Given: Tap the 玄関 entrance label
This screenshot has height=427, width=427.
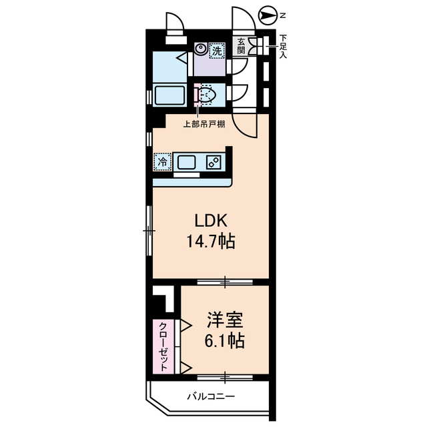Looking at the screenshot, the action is pos(241,46).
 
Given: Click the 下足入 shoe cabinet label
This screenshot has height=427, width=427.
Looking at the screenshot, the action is pos(284,46).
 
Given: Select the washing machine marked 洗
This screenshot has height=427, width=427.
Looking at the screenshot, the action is pos(217,51).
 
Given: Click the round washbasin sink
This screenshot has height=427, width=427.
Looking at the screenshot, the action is pos(201,49).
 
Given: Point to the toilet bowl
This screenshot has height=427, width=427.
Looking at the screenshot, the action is pos(207,95).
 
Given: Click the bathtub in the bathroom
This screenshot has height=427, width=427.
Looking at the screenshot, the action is pos(169,95).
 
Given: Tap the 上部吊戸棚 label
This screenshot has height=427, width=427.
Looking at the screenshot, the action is pos(204,125).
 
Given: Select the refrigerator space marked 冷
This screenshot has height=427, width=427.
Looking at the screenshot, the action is pos(163,162).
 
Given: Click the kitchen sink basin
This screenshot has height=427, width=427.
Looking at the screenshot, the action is pos(187,163).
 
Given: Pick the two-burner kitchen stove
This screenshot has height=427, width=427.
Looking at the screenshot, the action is pos(213,162).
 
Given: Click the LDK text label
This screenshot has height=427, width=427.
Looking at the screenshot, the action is pos(211,221).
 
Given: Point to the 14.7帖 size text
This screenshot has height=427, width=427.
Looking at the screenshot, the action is pos(211,241).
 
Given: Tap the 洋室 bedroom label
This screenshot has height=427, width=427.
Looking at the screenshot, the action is pos(225,320).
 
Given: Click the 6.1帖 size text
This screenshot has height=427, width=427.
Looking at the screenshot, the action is pos(225,340).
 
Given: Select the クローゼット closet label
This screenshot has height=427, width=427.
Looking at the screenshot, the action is pos(163,346).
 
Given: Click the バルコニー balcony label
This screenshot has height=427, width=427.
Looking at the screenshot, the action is pos(211,396).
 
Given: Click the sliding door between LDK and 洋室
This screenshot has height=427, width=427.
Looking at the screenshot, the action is pos(225,282).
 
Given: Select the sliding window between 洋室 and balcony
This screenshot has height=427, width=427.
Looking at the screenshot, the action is pos(225,378).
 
